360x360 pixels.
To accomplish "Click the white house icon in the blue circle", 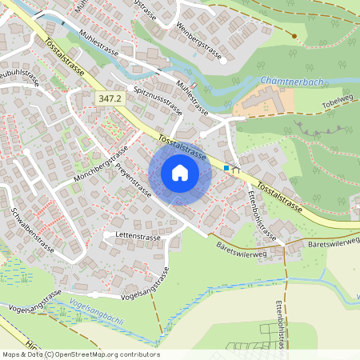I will pyautogui.click(x=179, y=172).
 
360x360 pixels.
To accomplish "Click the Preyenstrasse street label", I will pyautogui.click(x=134, y=181).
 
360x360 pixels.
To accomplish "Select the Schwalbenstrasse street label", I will pyautogui.click(x=33, y=230).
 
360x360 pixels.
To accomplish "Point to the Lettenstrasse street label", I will pyautogui.click(x=135, y=236).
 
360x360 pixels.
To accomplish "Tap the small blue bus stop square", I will pyautogui.click(x=227, y=168).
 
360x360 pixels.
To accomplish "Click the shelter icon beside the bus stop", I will pyautogui.click(x=236, y=170).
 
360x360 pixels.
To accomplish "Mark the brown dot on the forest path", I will pyautogui.click(x=294, y=36).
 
